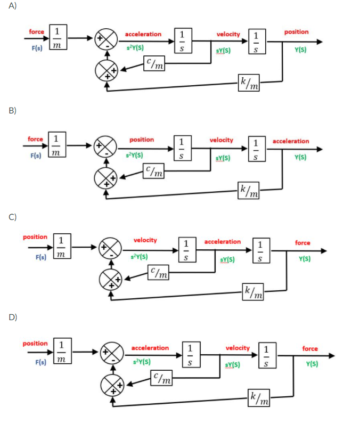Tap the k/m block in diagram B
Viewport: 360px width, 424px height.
click(x=249, y=189)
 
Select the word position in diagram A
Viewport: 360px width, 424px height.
click(x=296, y=32)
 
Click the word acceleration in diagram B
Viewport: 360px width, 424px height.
click(x=290, y=141)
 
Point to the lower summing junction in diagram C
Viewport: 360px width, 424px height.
click(x=110, y=278)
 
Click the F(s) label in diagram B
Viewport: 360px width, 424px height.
click(x=36, y=156)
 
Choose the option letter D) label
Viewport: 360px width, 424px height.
click(x=12, y=317)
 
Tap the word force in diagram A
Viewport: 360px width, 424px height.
click(x=37, y=32)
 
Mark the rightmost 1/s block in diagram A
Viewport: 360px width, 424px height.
click(x=257, y=41)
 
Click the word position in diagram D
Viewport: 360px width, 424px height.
click(x=35, y=344)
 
